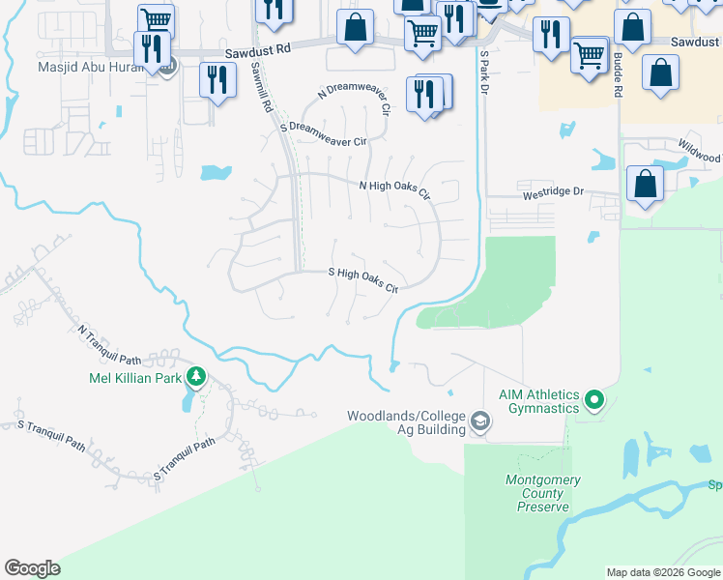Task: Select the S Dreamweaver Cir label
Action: [324, 134]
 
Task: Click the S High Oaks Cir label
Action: [363, 280]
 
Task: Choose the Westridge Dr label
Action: [554, 191]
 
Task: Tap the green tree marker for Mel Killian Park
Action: [196, 375]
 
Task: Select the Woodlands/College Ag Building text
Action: [407, 422]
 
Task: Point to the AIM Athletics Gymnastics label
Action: [539, 401]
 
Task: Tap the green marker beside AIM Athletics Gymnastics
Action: [594, 398]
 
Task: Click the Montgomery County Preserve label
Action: [543, 493]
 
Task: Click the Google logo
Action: [32, 568]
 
